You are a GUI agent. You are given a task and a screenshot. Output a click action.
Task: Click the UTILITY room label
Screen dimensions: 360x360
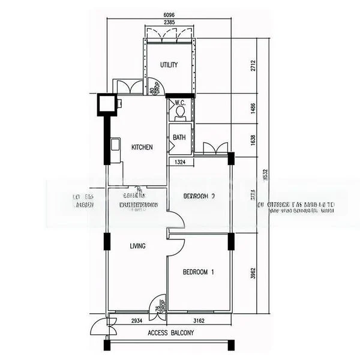169,65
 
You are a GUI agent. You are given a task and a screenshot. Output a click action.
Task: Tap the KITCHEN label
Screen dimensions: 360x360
142,147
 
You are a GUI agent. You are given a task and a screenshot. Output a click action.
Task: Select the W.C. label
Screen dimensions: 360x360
180,103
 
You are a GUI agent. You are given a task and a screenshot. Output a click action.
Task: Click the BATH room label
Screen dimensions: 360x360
179,137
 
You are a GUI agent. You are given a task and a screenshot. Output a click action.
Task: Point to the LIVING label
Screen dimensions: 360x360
138,246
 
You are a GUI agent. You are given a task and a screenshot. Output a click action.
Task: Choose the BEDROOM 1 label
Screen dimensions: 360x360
198,272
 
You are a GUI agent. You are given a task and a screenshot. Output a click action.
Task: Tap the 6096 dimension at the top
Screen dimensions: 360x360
169,16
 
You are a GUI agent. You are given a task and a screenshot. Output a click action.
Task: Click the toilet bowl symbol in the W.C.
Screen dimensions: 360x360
180,112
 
